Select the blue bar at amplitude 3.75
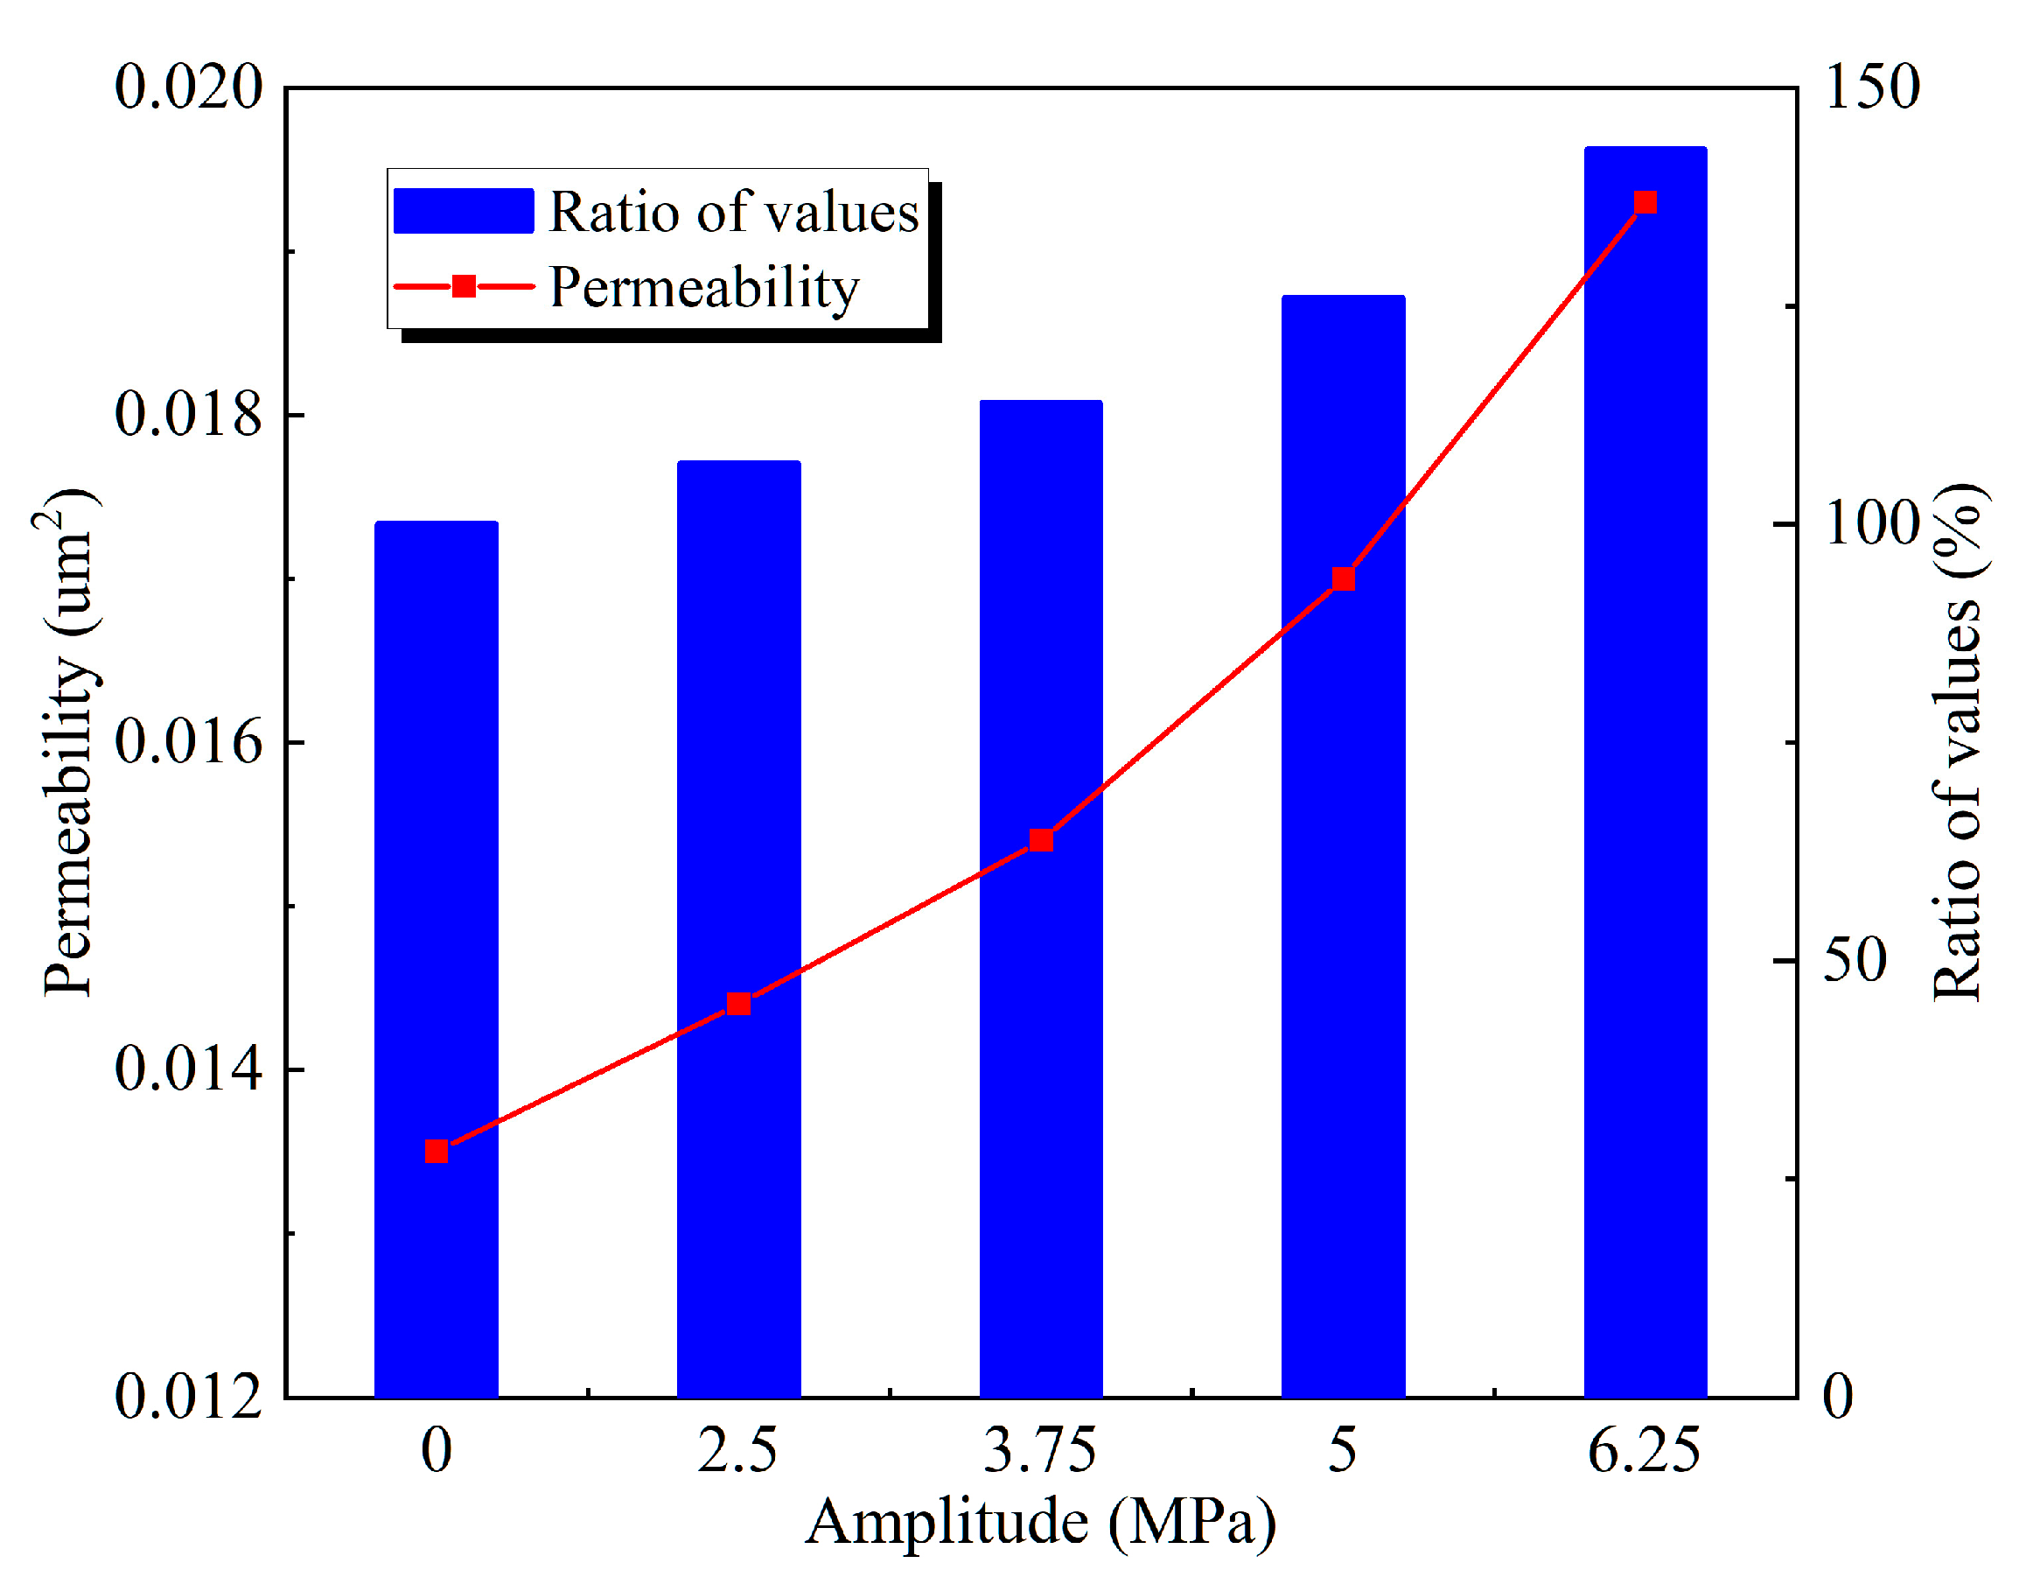click(1041, 1017)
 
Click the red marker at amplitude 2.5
click(737, 1004)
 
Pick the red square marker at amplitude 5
click(1343, 578)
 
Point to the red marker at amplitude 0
click(437, 1151)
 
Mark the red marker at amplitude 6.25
click(1645, 202)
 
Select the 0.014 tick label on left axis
click(189, 1069)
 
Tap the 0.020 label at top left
click(189, 87)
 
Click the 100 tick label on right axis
click(1873, 523)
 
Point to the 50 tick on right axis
click(1855, 960)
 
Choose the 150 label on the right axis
click(1873, 87)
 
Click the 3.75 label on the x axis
click(1040, 1451)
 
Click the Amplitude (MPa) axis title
click(1040, 1522)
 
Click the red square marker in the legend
click(465, 287)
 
